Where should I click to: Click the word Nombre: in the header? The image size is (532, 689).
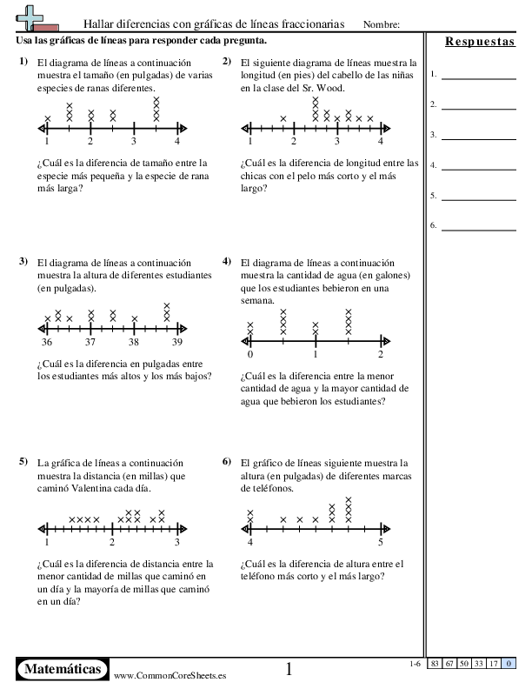point(381,24)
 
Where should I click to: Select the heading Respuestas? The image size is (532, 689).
point(480,42)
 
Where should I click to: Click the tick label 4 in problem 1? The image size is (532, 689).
point(177,141)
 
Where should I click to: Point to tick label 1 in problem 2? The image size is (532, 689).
point(250,141)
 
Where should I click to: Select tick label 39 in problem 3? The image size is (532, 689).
point(177,343)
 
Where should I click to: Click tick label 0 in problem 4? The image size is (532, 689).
point(250,354)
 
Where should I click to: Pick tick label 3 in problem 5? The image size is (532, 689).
point(177,542)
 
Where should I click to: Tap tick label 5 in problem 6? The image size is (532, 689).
point(381,542)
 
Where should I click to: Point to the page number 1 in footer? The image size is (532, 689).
point(289,669)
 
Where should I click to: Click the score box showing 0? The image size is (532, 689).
point(508,665)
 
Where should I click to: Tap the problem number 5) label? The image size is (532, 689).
point(23,461)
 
